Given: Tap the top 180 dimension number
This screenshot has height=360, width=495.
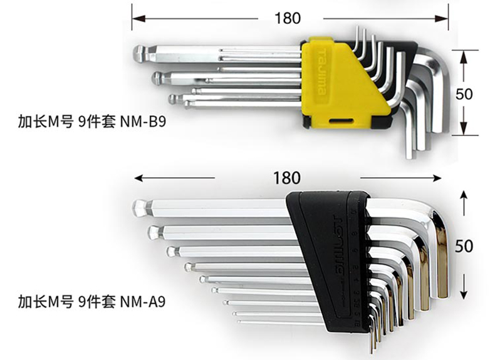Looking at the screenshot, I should click(288, 17).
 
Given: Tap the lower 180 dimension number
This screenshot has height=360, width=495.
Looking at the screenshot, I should click(286, 178).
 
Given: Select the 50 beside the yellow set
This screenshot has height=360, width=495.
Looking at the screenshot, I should click(464, 95).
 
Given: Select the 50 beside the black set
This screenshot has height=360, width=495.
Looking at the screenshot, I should click(464, 246).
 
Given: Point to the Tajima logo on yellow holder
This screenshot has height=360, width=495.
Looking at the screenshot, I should click(321, 69).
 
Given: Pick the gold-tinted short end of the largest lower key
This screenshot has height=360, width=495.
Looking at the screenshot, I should click(441, 263).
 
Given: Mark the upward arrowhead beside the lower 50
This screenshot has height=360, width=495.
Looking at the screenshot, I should click(464, 195).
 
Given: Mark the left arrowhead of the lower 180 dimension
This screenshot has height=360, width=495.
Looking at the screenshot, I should click(137, 178).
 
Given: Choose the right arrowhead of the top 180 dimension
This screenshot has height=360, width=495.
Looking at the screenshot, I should click(446, 18).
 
